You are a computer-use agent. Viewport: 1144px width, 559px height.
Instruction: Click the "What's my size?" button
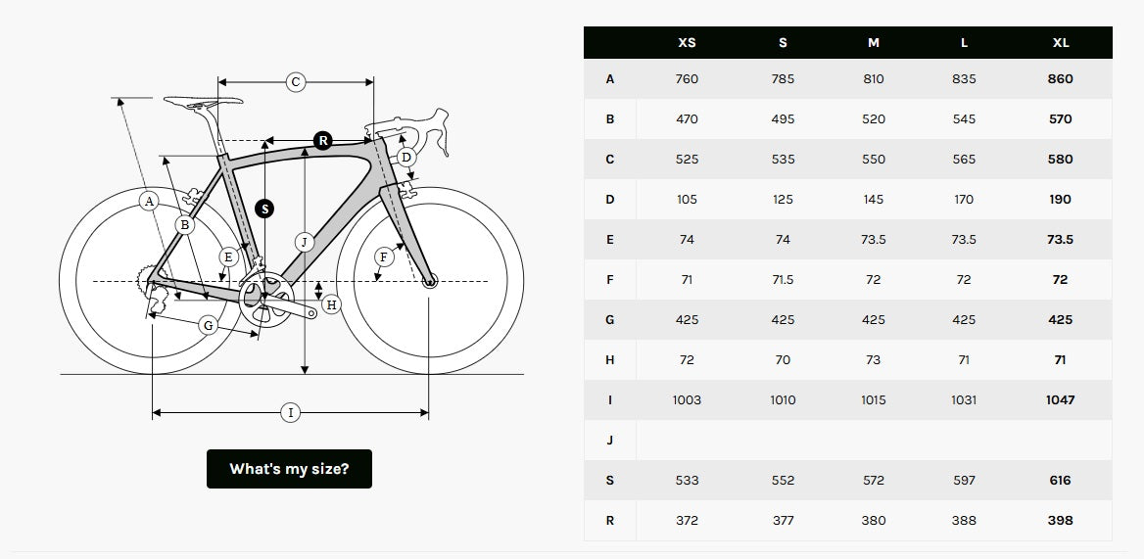point(289,469)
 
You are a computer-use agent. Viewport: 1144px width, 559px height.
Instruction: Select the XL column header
point(1060,43)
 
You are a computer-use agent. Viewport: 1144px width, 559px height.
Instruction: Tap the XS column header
point(687,43)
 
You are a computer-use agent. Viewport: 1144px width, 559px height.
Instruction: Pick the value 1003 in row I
point(687,400)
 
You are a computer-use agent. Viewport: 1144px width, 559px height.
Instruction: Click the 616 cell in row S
point(1060,481)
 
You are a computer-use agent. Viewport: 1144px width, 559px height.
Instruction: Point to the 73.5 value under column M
point(874,240)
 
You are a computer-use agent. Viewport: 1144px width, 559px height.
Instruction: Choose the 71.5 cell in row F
point(783,280)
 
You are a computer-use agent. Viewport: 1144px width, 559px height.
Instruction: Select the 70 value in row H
point(783,360)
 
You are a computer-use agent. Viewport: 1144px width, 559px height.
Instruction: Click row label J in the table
point(610,441)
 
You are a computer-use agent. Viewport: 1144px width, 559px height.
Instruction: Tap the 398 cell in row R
point(1060,521)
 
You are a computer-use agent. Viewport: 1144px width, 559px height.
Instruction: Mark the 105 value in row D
point(687,200)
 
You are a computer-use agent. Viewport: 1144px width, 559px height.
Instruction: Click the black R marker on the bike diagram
point(322,140)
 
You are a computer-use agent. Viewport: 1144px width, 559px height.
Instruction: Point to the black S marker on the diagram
point(264,210)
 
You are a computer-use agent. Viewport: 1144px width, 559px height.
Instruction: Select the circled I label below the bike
point(290,413)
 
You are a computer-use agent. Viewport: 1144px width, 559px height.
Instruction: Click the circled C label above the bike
point(296,82)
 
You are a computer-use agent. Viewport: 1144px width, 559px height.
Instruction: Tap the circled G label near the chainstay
point(209,325)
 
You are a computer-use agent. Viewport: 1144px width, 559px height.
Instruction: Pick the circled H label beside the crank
point(331,304)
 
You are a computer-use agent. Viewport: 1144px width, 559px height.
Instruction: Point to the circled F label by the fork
point(384,256)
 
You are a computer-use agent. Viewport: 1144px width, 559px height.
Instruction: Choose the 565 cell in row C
point(964,160)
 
